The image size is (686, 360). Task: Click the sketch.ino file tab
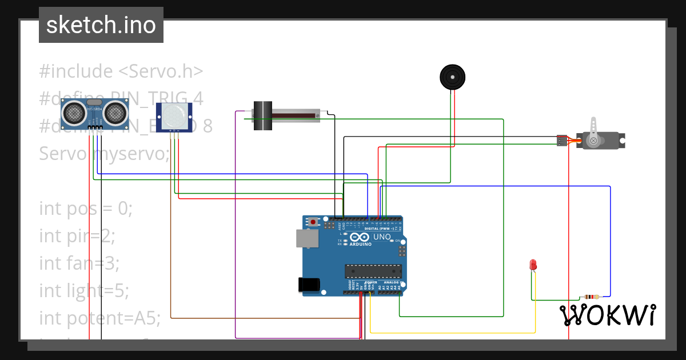pos(101,25)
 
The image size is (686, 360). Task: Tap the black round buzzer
pos(452,77)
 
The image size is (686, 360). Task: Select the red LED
pos(533,265)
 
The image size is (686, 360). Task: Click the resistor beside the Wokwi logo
pos(592,297)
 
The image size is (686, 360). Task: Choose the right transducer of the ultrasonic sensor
pos(115,113)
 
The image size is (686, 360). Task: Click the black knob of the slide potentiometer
pos(262,116)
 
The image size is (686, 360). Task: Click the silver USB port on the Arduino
pos(307,238)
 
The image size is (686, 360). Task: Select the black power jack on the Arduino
pos(308,285)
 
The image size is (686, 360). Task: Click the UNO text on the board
pos(382,237)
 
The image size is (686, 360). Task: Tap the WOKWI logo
pos(607,315)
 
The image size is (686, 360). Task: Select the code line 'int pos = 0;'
pos(86,209)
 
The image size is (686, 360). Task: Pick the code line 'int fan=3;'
pos(79,263)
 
